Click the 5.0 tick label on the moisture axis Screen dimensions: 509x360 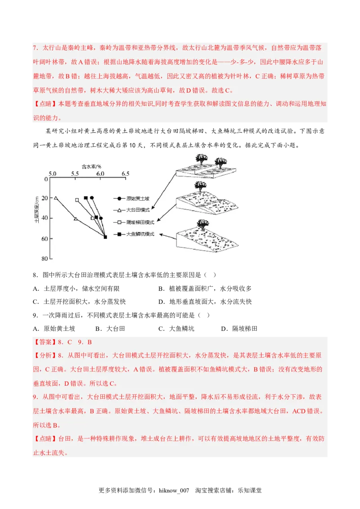click(x=53, y=174)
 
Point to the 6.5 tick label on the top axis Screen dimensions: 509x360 click(x=125, y=174)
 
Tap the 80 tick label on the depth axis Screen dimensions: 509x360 click(x=45, y=259)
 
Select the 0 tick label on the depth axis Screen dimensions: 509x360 click(x=45, y=179)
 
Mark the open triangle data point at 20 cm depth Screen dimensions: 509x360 click(x=56, y=198)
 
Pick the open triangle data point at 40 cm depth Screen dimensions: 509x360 click(x=76, y=219)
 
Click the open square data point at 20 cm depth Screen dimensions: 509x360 click(x=77, y=200)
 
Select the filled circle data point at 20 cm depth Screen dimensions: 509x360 click(x=92, y=198)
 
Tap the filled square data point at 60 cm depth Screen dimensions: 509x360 click(x=105, y=237)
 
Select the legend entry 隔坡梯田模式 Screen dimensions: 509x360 click(x=139, y=222)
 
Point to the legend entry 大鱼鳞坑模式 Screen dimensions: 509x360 click(x=139, y=234)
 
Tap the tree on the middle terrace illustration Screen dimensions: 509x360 click(x=201, y=185)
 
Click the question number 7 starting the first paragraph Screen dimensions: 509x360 click(x=35, y=48)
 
